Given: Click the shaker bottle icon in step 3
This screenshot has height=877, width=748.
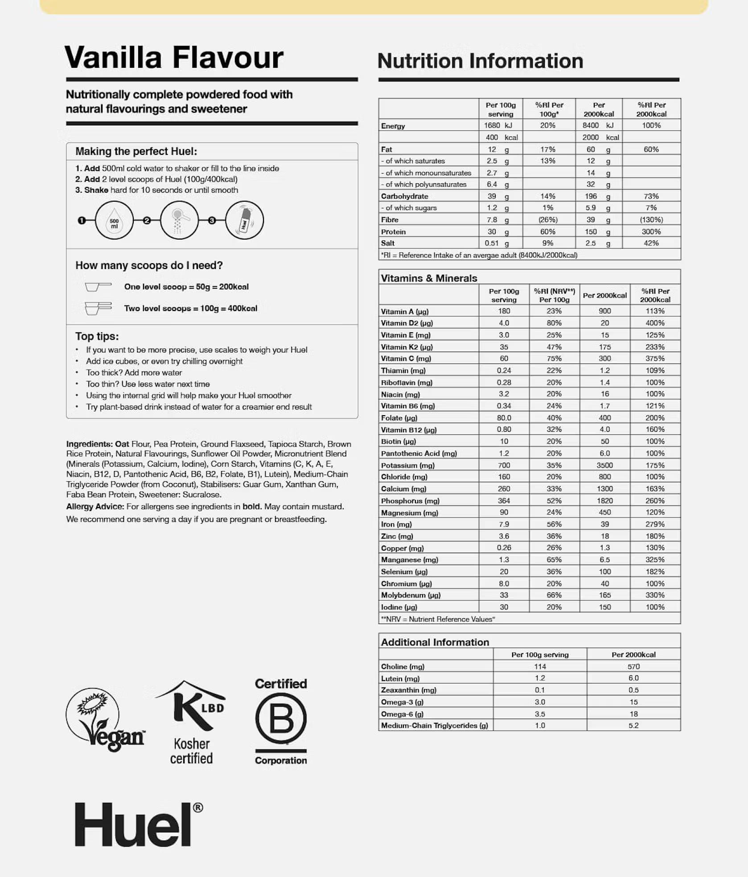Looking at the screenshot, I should point(244,220).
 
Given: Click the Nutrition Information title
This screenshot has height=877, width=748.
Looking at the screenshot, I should point(480,61).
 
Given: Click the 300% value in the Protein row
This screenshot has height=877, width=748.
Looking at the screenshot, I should point(651,232).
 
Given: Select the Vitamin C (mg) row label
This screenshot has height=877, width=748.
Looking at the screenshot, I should point(406,359).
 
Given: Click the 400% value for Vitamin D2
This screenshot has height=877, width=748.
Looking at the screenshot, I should point(655,323).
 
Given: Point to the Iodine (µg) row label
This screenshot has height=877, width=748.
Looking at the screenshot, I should point(399,607).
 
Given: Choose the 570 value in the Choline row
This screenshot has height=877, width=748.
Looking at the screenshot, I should point(633,666).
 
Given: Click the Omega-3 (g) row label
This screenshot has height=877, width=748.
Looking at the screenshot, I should point(402,702).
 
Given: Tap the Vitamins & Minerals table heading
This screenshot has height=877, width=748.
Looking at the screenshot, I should point(429,278).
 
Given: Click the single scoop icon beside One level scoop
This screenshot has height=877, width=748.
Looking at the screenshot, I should point(98,286).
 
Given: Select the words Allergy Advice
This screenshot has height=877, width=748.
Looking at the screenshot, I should point(95,507).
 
